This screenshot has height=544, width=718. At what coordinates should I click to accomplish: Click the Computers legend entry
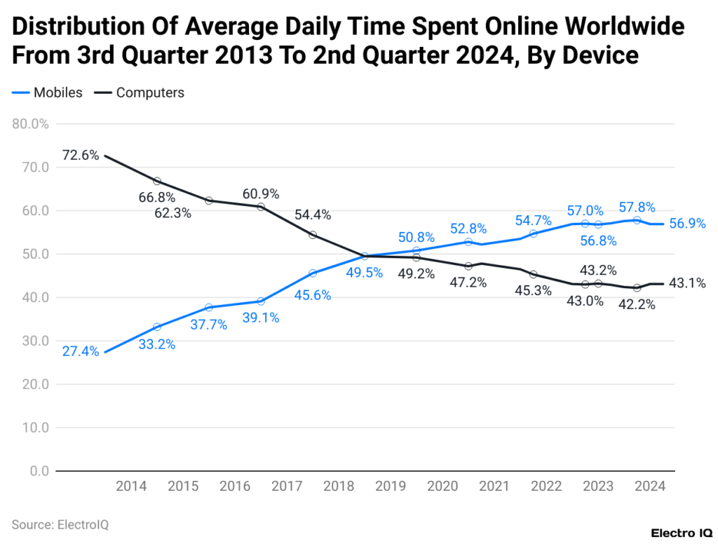pos(149,93)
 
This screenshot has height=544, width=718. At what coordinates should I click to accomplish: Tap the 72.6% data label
pos(80,155)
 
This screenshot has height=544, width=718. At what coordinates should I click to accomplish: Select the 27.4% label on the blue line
pos(80,351)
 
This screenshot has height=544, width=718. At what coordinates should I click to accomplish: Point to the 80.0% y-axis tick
pos(30,124)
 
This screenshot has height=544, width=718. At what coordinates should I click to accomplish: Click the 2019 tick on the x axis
pos(391,486)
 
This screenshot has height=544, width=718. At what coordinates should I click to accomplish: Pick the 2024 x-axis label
pos(651,486)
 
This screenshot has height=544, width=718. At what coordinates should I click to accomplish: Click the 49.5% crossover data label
pos(364,273)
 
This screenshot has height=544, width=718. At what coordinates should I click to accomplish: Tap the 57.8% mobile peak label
pos(637,208)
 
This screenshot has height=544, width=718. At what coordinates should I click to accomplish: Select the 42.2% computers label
pos(637,305)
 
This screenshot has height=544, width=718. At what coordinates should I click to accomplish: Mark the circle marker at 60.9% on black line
pos(261,207)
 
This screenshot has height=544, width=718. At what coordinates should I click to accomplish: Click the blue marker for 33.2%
pos(157,327)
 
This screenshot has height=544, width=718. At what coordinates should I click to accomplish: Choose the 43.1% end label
pos(687,283)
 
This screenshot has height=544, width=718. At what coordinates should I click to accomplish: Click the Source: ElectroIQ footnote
pos(60,524)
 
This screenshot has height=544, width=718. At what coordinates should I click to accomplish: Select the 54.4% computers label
pos(313,215)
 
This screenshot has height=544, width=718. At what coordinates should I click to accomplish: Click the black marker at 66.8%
pos(157,182)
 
